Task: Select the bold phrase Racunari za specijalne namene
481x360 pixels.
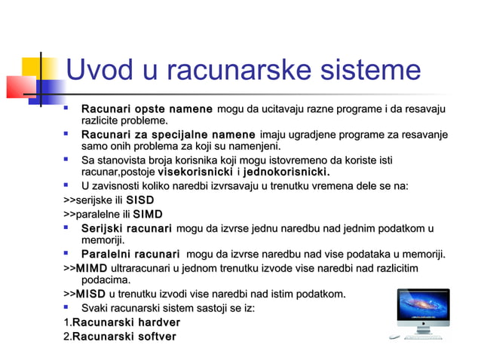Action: pyautogui.click(x=168, y=134)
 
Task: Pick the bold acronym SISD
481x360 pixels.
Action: pyautogui.click(x=140, y=201)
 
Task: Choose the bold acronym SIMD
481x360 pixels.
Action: pyautogui.click(x=147, y=215)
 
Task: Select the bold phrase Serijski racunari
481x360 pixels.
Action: pyautogui.click(x=126, y=228)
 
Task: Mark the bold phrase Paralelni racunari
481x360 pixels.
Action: pyautogui.click(x=130, y=254)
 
